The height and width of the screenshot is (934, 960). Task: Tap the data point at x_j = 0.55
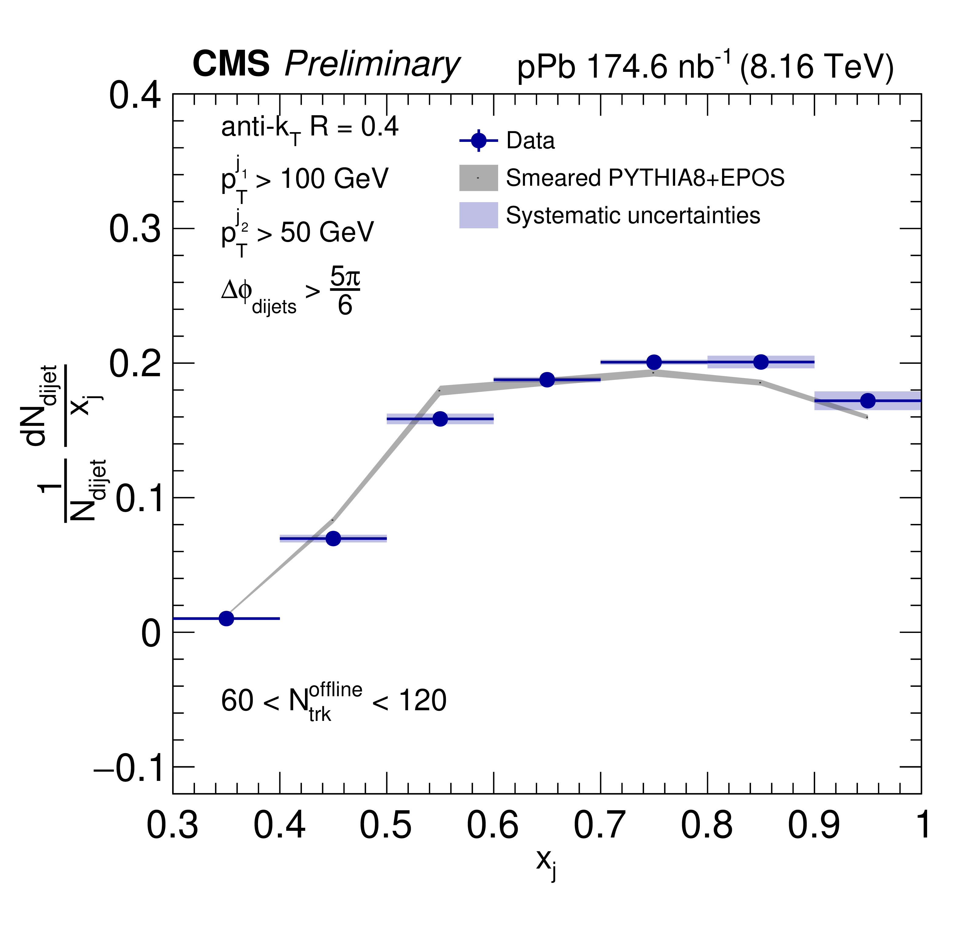coord(440,419)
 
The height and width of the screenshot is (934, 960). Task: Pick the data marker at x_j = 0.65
coord(547,380)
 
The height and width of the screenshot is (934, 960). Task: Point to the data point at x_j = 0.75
coord(654,362)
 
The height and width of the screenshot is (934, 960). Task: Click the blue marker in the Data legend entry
coord(479,141)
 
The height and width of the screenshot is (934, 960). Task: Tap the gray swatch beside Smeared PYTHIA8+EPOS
coord(479,177)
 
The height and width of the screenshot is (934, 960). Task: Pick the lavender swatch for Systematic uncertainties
coord(479,215)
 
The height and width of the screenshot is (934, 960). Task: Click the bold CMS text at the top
coord(231,64)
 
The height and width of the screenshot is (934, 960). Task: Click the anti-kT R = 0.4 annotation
coord(309,128)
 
